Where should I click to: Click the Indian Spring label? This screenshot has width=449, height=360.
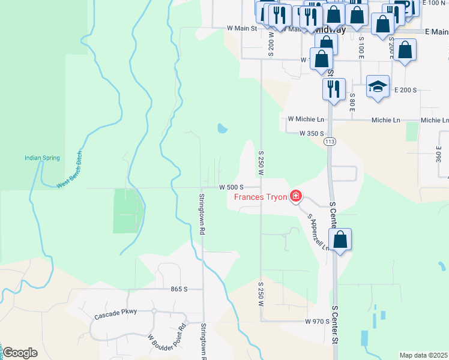coord(42,158)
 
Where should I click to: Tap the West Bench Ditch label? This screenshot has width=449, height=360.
coord(70,170)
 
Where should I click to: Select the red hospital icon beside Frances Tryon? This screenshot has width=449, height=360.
coord(295,196)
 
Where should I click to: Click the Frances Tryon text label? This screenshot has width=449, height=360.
coord(260,197)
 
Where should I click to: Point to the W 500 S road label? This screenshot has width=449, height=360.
coord(231,187)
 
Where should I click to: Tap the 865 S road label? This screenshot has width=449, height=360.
coord(179,289)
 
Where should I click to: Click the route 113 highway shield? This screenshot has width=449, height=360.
coord(328,142)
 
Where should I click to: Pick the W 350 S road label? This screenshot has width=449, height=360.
coord(312,133)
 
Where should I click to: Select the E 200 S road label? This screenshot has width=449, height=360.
coord(405,90)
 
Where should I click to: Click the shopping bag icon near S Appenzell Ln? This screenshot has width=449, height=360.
coord(340,240)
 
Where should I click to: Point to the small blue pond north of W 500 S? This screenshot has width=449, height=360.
coord(223,128)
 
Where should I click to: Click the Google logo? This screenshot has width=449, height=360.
coord(20,353)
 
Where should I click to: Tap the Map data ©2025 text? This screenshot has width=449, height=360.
coord(423,355)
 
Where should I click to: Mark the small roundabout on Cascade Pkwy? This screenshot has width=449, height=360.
coord(154,311)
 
